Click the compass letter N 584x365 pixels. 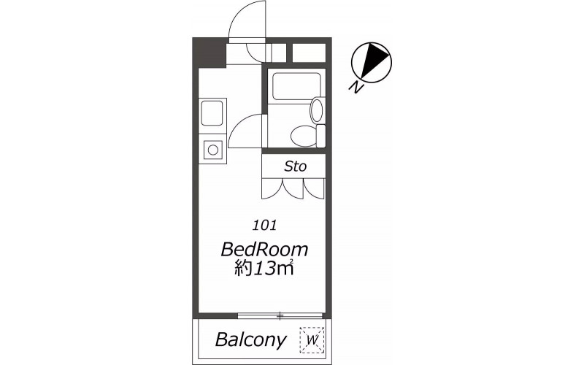click(x=356, y=86)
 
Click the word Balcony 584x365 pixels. click(x=251, y=339)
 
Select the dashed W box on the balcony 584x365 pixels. click(x=312, y=340)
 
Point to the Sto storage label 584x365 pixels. click(x=296, y=166)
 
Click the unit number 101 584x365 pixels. click(x=264, y=226)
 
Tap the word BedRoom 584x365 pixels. click(x=264, y=249)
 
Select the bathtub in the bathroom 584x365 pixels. click(x=296, y=86)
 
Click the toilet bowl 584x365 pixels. click(x=303, y=137)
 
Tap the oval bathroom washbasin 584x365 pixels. click(x=317, y=109)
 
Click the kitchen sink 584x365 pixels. click(x=212, y=113)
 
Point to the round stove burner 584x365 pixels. click(x=213, y=150)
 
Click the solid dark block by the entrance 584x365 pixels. click(x=210, y=53)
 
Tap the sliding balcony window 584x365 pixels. click(x=280, y=316)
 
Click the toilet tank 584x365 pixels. click(x=320, y=136)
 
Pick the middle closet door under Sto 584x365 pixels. click(x=293, y=188)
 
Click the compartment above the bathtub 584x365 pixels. click(x=309, y=53)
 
